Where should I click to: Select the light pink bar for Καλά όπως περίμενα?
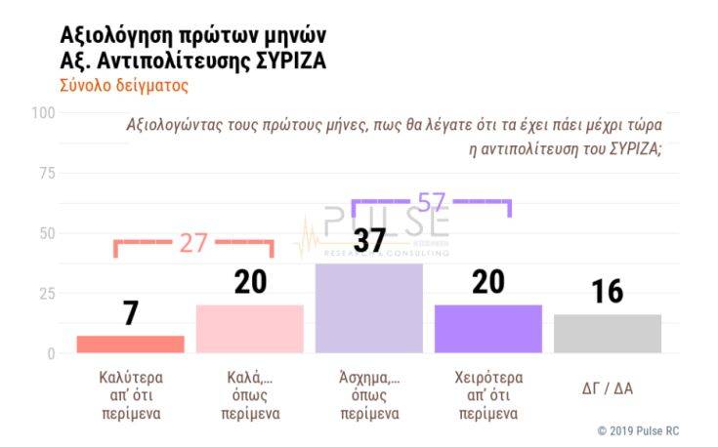[249, 329]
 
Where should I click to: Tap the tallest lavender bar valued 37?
[368, 307]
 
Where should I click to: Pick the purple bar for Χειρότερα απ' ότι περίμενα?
[487, 329]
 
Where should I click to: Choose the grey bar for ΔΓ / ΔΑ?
[607, 334]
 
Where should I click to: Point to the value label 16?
[607, 292]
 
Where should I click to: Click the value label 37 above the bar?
[368, 240]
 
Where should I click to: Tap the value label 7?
[130, 313]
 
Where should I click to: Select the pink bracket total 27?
[193, 243]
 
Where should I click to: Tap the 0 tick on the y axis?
[52, 353]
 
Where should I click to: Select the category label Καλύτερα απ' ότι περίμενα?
[130, 394]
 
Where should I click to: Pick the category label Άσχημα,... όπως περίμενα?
[368, 394]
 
